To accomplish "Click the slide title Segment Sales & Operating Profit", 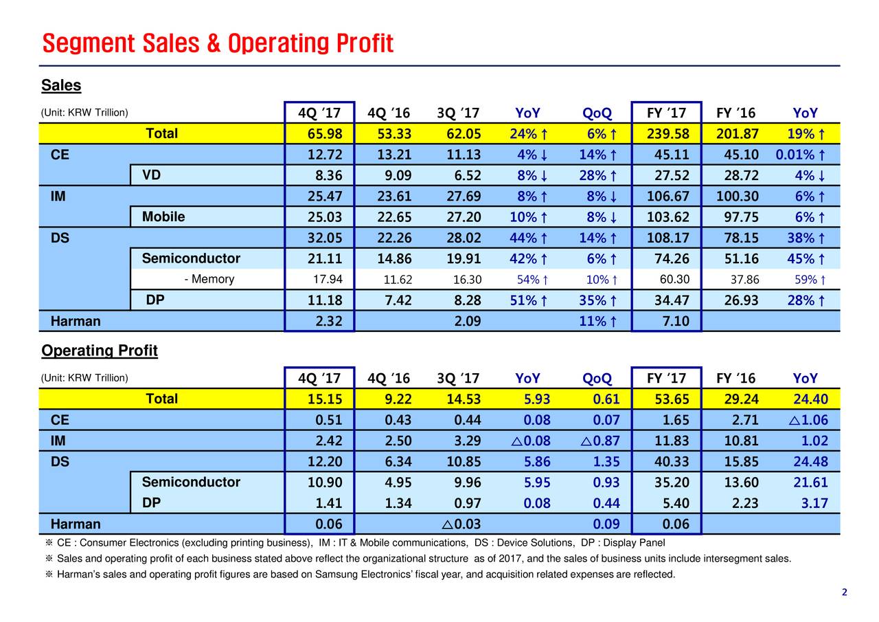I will pos(217,43).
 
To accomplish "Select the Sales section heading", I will pos(61,86).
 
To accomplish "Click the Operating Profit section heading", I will pos(100,351).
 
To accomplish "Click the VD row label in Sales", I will pos(152,175).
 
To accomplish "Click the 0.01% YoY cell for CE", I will pos(800,155).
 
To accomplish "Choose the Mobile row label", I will pos(163,217).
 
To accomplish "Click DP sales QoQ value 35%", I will pos(596,300).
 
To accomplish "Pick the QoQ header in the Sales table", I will pos(596,113).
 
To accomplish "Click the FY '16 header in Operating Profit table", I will pos(735,379).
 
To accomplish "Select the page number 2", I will pos(844,592).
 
